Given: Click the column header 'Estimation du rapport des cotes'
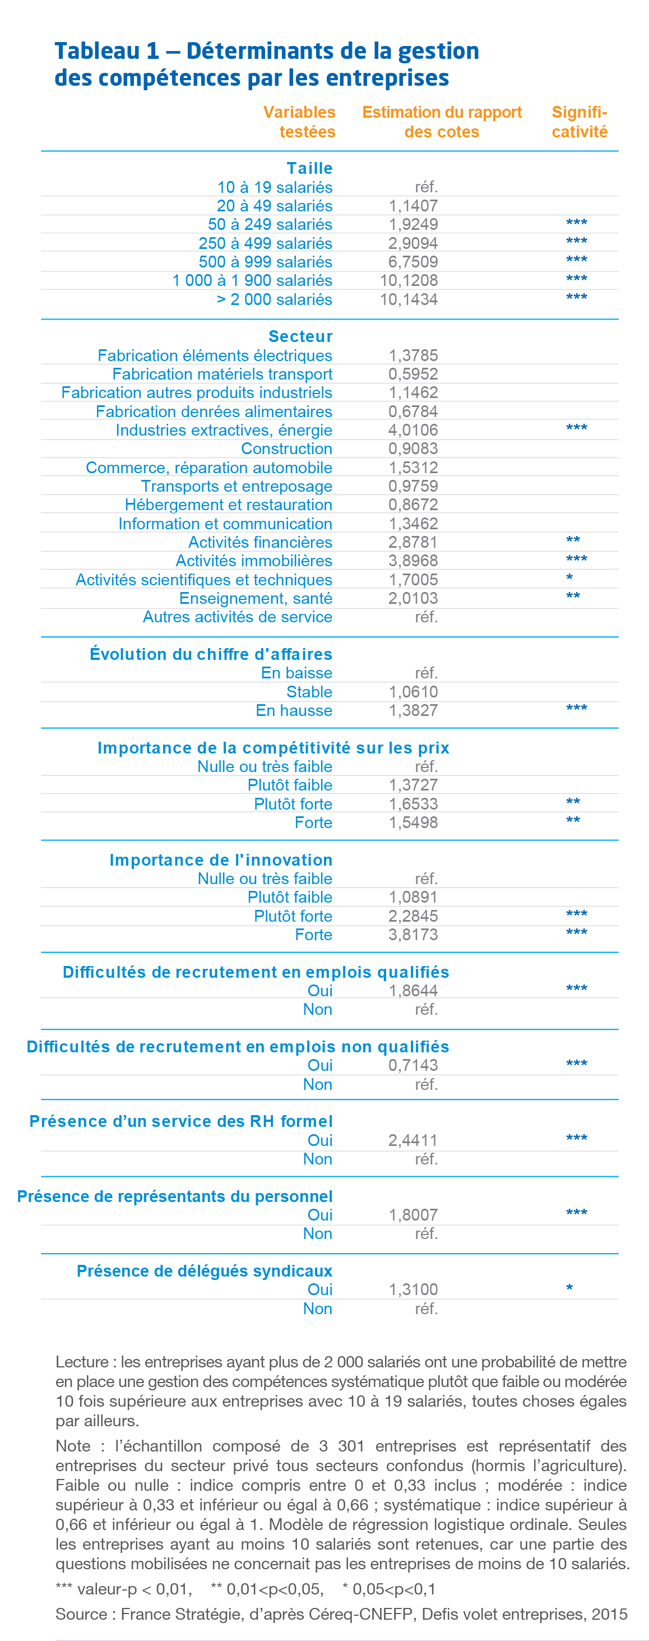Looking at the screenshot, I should [442, 122].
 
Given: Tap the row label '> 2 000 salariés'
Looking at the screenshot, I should [274, 299].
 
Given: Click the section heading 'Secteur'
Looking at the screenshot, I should [300, 336].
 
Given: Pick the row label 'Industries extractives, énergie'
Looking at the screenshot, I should [224, 430].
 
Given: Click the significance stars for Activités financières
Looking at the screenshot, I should [573, 541].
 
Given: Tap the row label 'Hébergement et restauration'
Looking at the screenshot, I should [228, 505].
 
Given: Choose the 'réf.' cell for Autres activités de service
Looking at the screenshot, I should [426, 617].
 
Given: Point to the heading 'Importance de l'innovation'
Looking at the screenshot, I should [220, 860].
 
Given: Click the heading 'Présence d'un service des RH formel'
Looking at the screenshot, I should [181, 1121].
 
